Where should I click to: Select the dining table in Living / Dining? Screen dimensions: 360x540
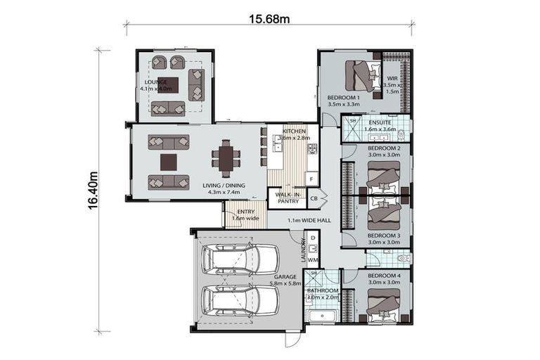[x=225, y=158]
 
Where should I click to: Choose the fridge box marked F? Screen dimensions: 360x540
[x=311, y=179]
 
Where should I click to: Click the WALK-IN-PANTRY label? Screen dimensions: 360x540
[x=288, y=198]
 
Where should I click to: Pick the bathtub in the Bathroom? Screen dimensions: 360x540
[x=323, y=316]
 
